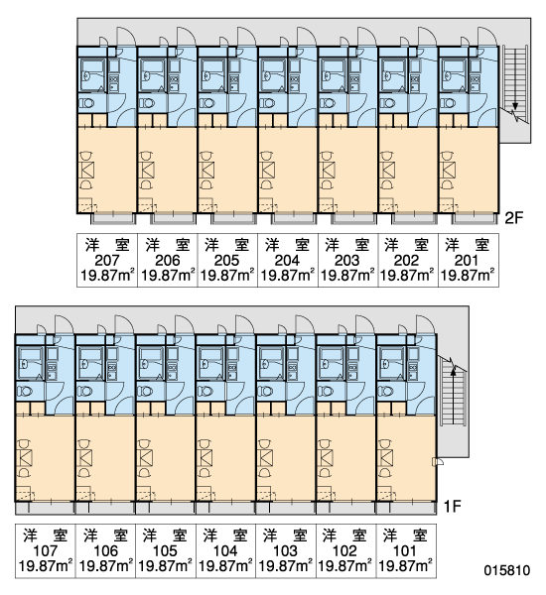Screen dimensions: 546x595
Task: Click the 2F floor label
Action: click(513, 218)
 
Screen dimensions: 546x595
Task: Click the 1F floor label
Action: click(452, 506)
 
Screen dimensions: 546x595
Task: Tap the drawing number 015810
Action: click(507, 570)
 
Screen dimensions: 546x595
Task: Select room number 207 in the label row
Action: click(107, 261)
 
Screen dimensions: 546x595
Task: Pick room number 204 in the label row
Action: click(287, 261)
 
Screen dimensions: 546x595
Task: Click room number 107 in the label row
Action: click(46, 550)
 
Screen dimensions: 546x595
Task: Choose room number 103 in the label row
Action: click(285, 550)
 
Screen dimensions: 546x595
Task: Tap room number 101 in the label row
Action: click(405, 550)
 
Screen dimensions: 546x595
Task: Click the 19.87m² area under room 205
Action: click(227, 275)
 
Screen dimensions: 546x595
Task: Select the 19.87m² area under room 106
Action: click(106, 565)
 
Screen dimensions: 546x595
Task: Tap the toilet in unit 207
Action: click(87, 103)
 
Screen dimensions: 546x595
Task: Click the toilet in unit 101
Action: click(386, 391)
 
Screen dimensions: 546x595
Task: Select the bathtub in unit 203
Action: click(334, 74)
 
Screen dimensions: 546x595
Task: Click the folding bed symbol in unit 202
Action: click(387, 170)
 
